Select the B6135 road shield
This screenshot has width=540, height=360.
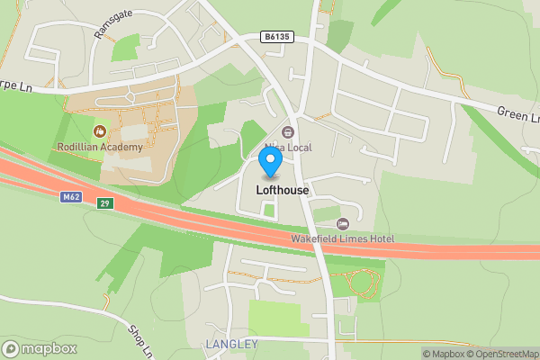point(278,37)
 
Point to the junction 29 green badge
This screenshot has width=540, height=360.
point(105,205)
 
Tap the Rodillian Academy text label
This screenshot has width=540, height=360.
point(100,148)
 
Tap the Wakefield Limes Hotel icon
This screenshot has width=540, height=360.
point(341,223)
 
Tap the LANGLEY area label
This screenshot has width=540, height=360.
point(225,345)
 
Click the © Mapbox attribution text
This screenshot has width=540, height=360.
point(442,354)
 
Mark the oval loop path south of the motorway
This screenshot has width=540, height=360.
point(362,283)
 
